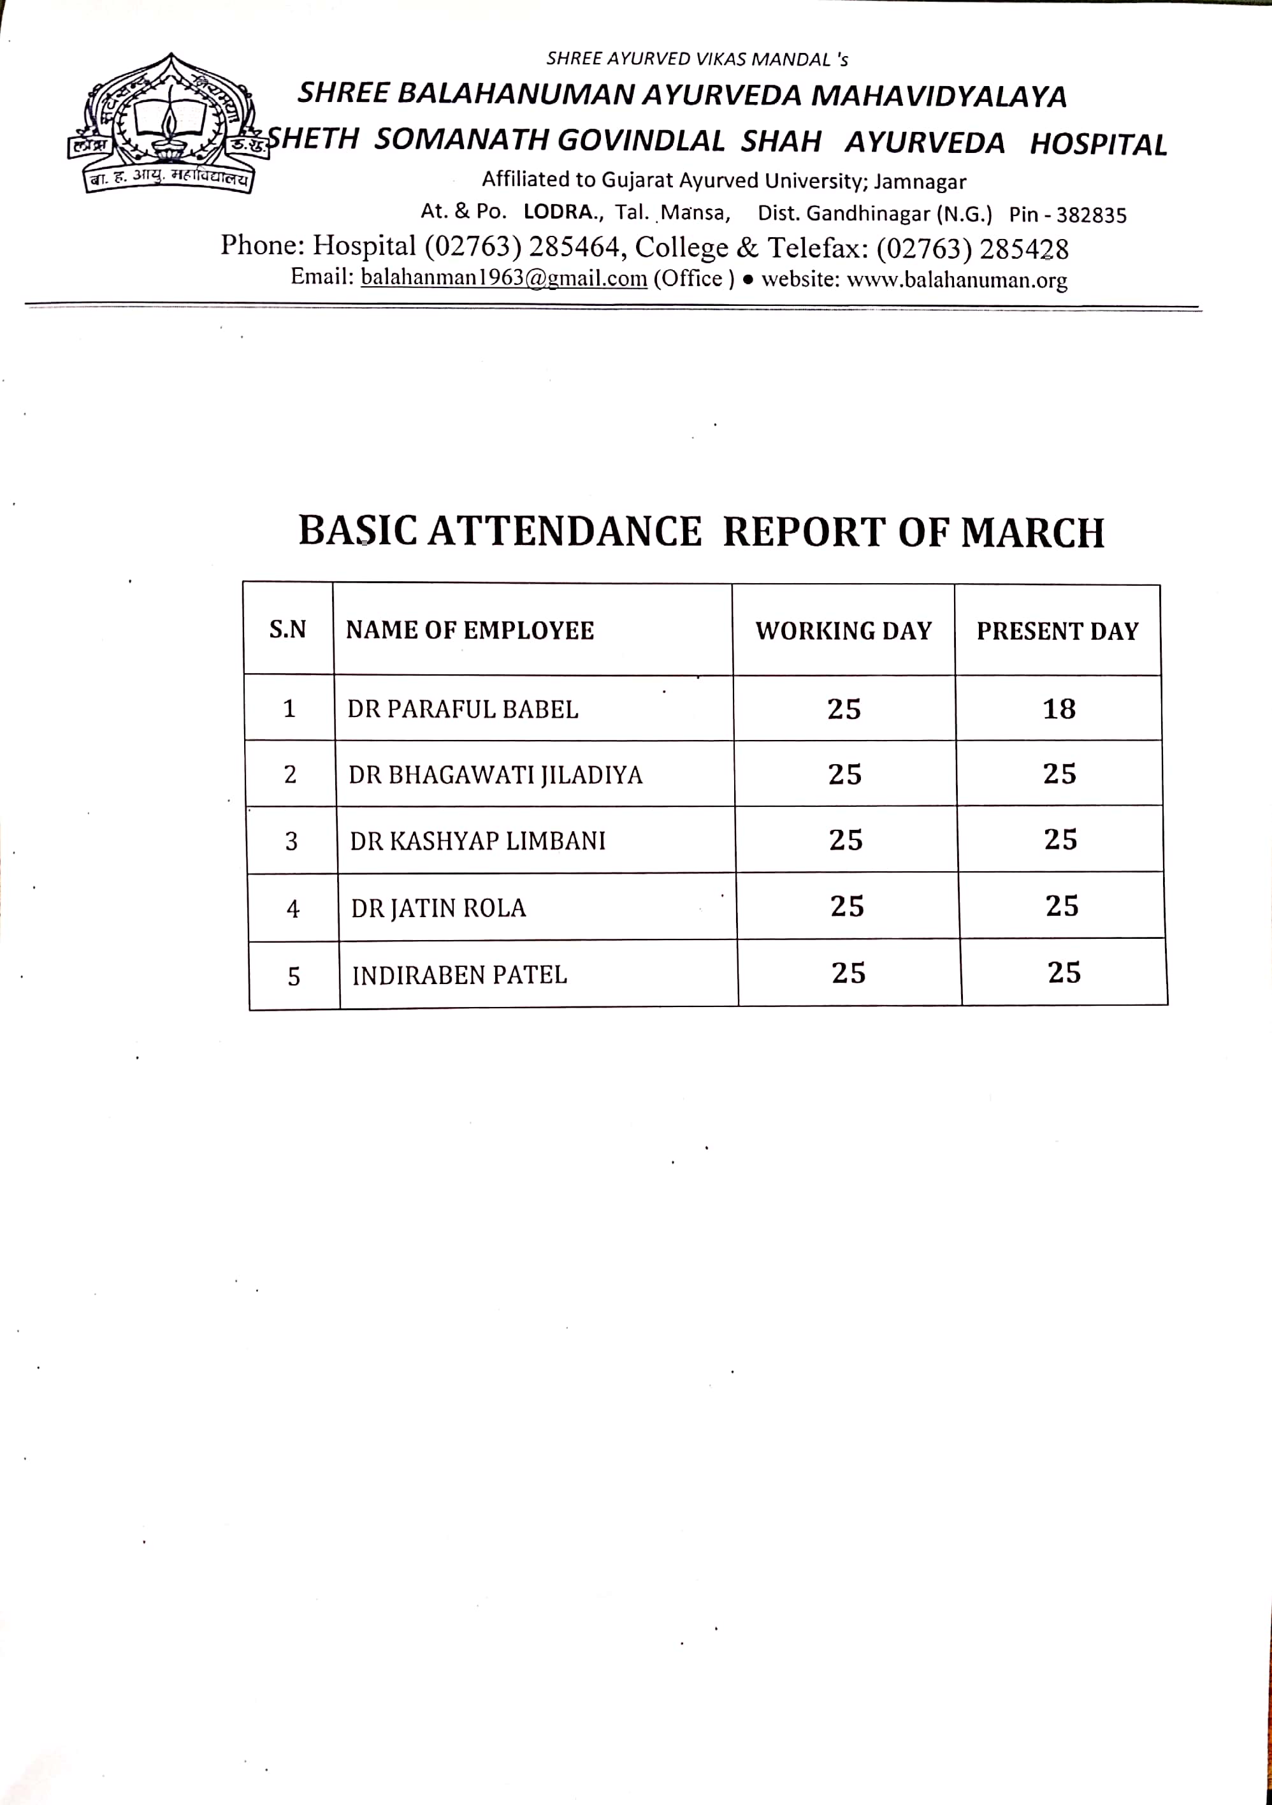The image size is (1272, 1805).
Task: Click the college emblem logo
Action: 168,124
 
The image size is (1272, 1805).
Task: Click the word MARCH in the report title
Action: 1032,532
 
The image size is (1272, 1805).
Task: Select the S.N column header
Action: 288,630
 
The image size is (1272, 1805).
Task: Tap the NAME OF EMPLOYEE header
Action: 469,630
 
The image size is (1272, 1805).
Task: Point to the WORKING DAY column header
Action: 844,631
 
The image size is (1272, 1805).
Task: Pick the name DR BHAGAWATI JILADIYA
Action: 495,775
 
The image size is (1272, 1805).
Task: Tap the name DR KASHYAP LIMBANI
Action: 477,841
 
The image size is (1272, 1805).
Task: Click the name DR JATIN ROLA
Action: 438,909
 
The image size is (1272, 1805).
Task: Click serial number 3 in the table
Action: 291,842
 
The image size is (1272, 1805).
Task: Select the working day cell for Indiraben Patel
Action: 848,973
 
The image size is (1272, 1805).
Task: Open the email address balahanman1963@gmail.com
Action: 503,277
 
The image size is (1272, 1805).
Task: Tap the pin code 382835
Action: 1091,215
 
